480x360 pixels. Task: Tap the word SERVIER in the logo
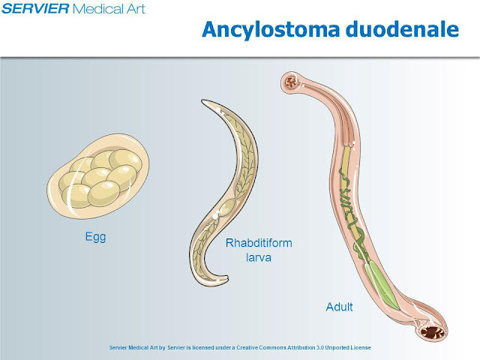36,9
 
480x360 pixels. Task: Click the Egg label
95,237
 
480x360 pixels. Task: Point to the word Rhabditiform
259,243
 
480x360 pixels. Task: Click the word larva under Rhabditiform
259,257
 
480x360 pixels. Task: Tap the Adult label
339,307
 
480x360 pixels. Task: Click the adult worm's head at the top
290,81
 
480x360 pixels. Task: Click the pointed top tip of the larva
202,103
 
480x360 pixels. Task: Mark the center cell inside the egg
97,178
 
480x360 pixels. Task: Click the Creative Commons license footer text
239,348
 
